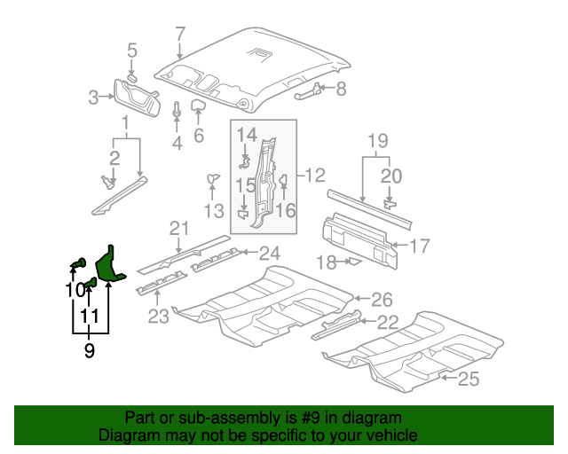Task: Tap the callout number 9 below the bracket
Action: [x=89, y=351]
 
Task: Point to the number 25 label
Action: [x=468, y=380]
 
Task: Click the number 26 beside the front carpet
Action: [x=381, y=299]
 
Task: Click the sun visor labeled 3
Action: [x=136, y=97]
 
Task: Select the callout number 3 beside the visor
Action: [x=92, y=98]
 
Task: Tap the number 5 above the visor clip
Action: [x=131, y=50]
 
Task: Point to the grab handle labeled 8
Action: [x=305, y=90]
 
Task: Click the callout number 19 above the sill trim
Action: [x=378, y=140]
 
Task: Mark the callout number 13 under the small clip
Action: [x=213, y=210]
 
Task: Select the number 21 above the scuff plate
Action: [x=180, y=230]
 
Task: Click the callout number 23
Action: [x=158, y=316]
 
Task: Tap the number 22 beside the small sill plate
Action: [x=388, y=322]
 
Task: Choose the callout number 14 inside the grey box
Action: [x=246, y=135]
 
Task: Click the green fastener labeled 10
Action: [x=78, y=263]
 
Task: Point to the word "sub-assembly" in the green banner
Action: [x=205, y=418]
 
